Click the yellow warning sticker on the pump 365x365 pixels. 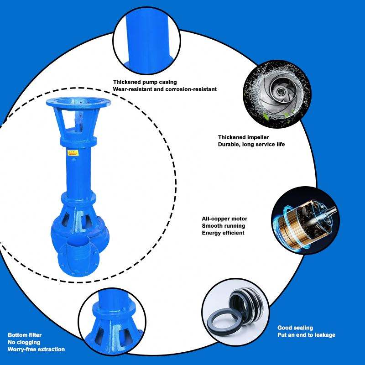point(73,153)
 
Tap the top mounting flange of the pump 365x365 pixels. point(78,102)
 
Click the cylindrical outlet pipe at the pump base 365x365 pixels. point(78,248)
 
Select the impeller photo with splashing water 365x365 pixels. point(277,94)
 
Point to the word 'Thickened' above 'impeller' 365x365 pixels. point(232,137)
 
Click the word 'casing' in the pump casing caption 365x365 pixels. point(168,82)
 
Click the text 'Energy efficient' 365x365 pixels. point(223,233)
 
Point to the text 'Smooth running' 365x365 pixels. point(223,226)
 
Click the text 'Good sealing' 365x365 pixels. point(295,328)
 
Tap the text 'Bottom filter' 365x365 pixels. point(25,335)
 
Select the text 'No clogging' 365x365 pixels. point(24,342)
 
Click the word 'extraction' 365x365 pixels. point(51,349)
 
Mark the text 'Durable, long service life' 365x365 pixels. point(251,144)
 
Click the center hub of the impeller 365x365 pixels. point(279,92)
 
